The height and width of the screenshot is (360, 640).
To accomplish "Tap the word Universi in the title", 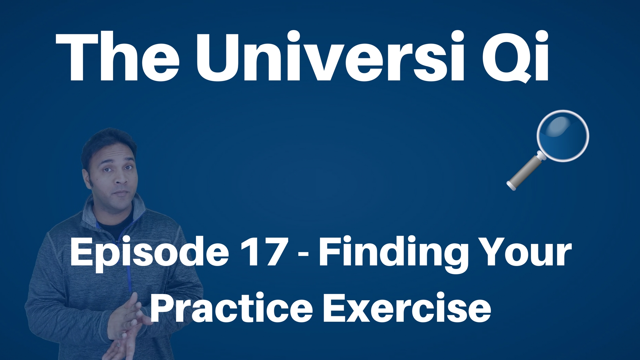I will click(x=330, y=57).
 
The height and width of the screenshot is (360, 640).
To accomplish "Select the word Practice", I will click(x=232, y=308).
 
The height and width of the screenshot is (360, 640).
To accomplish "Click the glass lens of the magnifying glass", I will click(x=563, y=136).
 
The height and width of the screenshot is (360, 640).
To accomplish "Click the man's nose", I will click(x=121, y=180).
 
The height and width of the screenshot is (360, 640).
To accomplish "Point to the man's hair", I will click(x=108, y=143).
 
